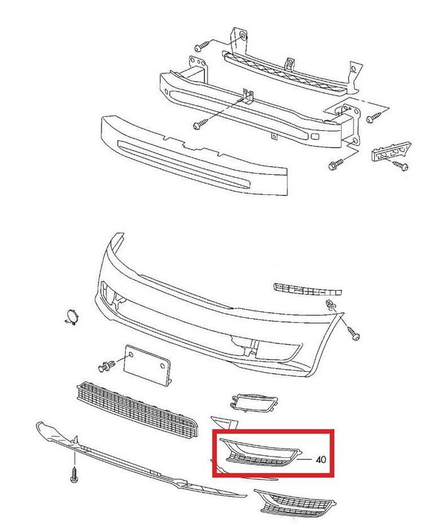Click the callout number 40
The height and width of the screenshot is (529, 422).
(321, 459)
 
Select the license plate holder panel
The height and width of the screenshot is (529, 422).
(147, 364)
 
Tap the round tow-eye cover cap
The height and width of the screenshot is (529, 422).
(72, 316)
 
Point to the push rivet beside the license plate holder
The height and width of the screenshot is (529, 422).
(106, 366)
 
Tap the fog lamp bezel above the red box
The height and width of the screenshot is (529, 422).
(253, 403)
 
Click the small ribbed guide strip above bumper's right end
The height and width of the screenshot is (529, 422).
(308, 289)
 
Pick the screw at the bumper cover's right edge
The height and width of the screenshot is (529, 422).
(353, 333)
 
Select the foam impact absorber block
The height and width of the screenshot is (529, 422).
(194, 155)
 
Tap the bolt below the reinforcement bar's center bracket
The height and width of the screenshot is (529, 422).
(199, 124)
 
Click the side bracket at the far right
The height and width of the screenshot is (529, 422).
(391, 153)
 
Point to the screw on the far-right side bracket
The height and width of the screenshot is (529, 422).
(401, 165)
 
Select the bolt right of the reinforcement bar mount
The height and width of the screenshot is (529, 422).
(374, 117)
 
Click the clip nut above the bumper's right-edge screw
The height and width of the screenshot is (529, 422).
(331, 304)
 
